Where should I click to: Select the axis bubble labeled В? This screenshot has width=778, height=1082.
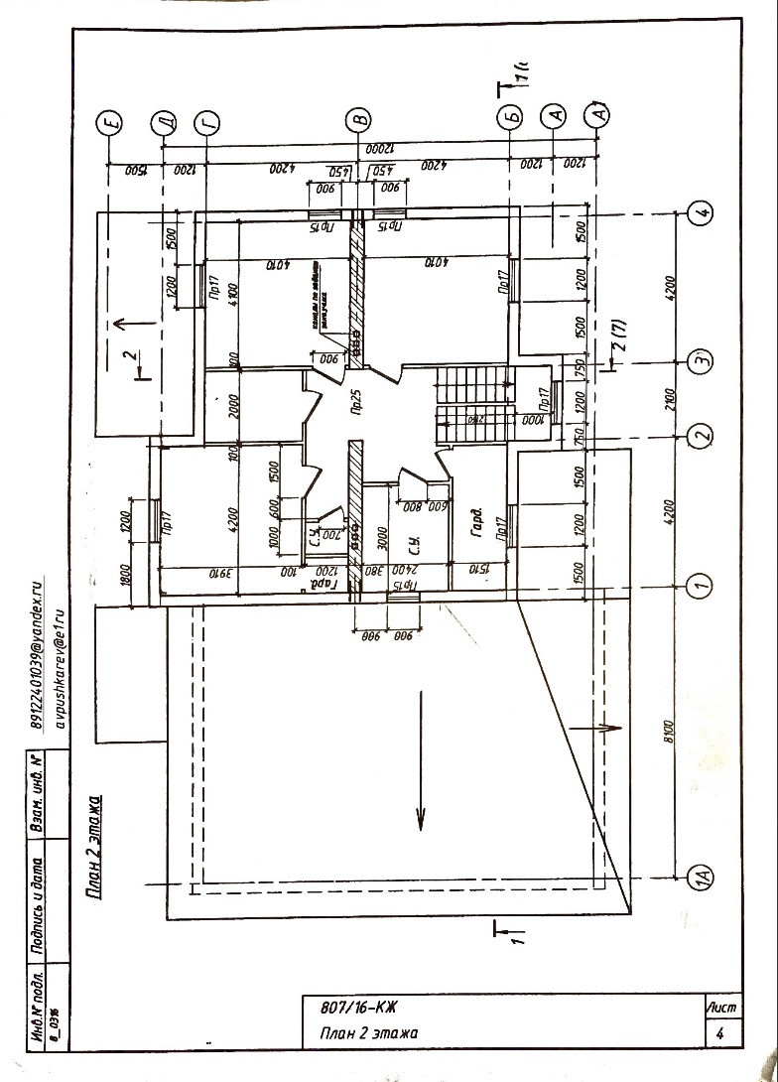coord(360,120)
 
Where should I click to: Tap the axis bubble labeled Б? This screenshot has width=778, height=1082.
coord(510,118)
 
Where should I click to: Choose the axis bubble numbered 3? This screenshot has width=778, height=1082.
coord(701,360)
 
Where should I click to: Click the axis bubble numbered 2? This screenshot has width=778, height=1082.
coord(701,435)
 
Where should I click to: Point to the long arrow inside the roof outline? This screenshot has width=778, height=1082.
coord(420,759)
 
